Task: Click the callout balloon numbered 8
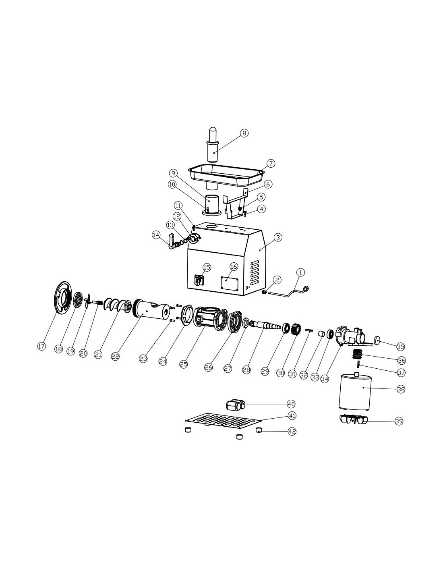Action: pyautogui.click(x=244, y=133)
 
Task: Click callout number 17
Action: pyautogui.click(x=41, y=346)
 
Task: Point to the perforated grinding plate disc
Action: pyautogui.click(x=77, y=300)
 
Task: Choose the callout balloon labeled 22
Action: pyautogui.click(x=115, y=357)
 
